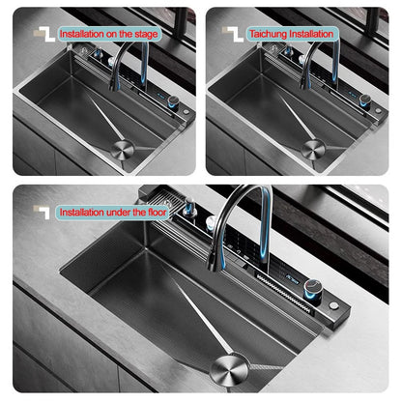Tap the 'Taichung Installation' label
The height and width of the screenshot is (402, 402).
click(291, 34)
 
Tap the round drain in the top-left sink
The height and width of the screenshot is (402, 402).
click(123, 149)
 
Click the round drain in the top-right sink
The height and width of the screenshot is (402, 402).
click(314, 149)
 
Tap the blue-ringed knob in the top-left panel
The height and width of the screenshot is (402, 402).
click(173, 100)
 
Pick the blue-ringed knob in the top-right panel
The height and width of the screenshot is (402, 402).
click(365, 100)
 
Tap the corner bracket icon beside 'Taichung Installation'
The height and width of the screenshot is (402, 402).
click(230, 32)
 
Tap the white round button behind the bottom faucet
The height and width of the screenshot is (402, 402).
click(209, 222)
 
